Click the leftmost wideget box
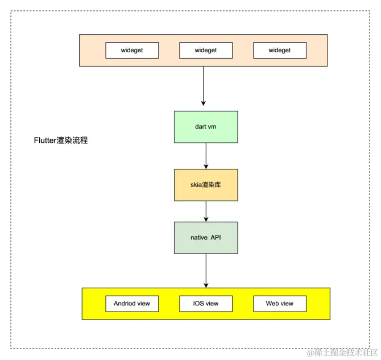click(132, 50)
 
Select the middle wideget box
click(206, 50)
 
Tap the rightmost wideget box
click(280, 50)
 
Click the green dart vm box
click(206, 126)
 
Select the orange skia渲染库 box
click(206, 185)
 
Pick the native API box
click(206, 237)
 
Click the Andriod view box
click(132, 303)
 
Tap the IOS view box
click(206, 303)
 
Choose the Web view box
click(280, 303)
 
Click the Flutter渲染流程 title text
click(61, 140)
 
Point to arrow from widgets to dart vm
click(204, 85)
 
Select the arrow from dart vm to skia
click(206, 155)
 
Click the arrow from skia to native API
click(206, 210)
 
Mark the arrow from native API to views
click(206, 270)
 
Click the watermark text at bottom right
click(341, 353)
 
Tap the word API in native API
click(216, 237)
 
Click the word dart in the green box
click(200, 126)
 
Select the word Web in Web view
click(273, 303)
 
